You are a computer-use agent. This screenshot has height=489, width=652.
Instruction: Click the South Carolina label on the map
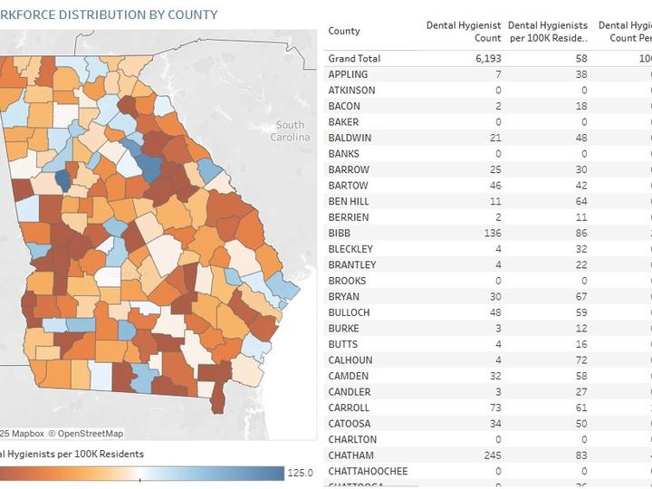pyautogui.click(x=290, y=130)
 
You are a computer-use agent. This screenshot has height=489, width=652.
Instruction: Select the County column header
pyautogui.click(x=344, y=31)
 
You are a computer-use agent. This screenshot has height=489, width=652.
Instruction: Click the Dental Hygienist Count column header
pyautogui.click(x=464, y=32)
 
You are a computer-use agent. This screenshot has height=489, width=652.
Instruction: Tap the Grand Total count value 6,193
pyautogui.click(x=488, y=58)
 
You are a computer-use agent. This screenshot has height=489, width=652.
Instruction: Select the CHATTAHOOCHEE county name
pyautogui.click(x=368, y=471)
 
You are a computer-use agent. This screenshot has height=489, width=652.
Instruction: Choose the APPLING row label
pyautogui.click(x=348, y=74)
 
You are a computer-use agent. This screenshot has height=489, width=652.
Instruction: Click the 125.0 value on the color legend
pyautogui.click(x=301, y=473)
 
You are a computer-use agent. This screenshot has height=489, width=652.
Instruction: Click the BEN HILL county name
pyautogui.click(x=349, y=201)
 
